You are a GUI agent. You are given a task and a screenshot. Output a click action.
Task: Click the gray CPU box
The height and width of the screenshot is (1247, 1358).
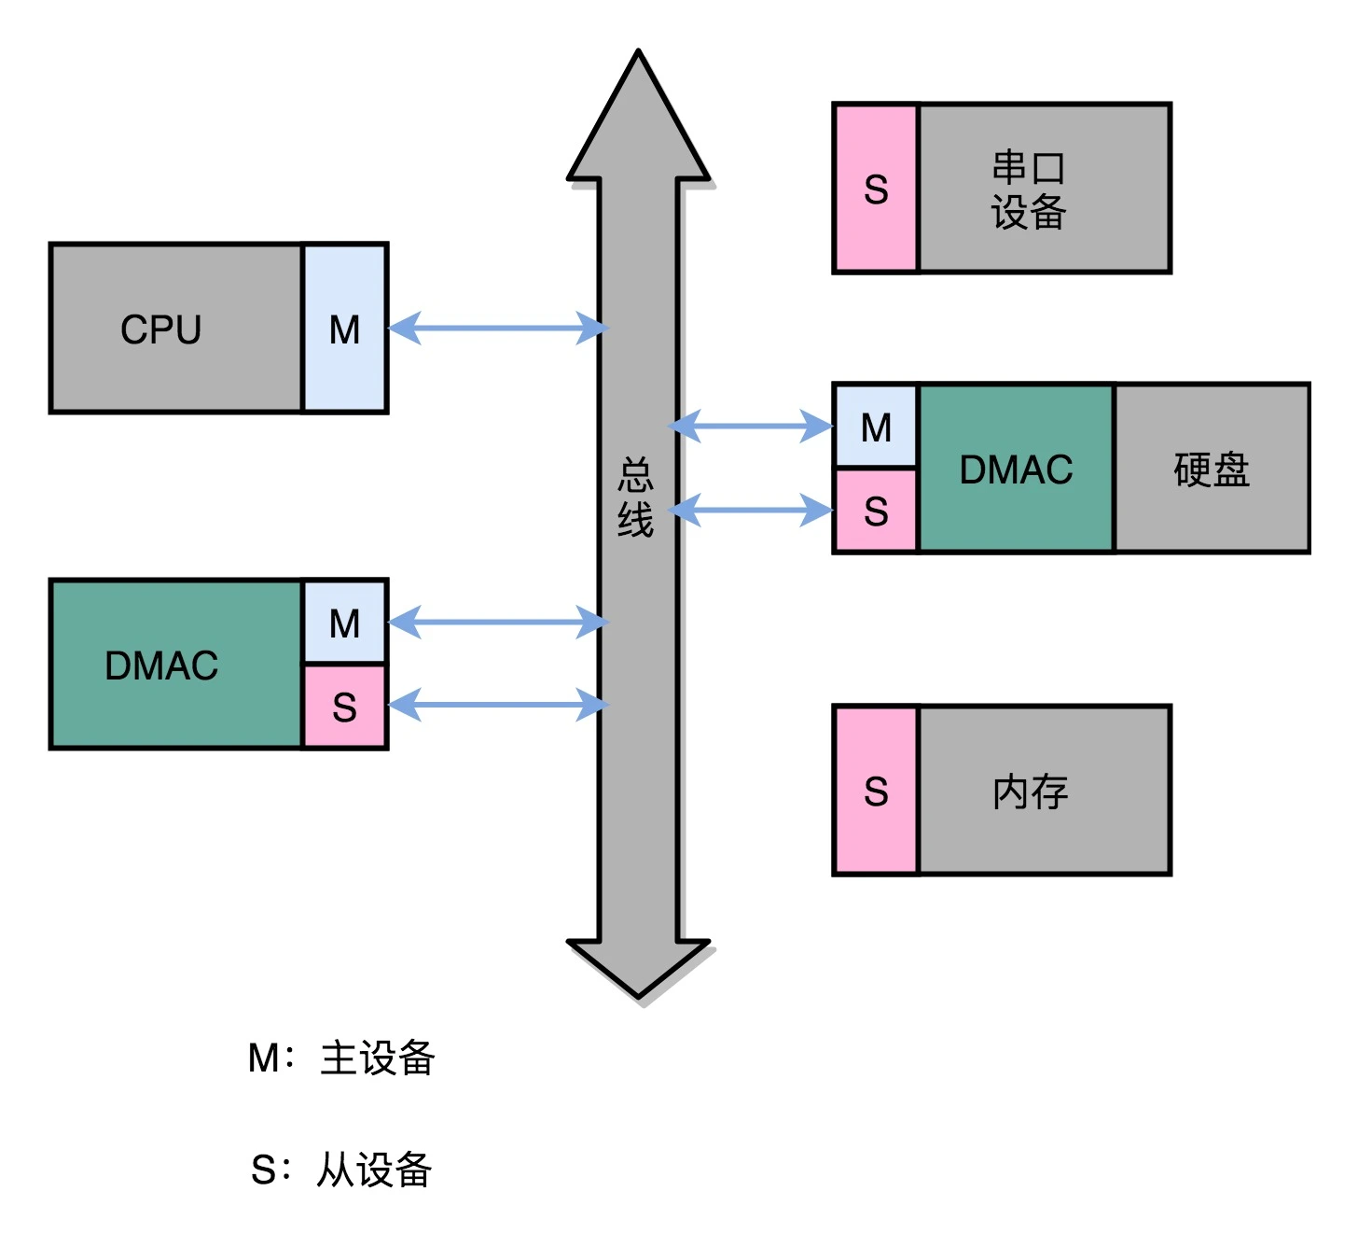pyautogui.click(x=176, y=329)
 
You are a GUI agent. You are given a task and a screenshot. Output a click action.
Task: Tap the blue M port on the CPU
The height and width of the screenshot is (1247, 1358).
pyautogui.click(x=345, y=329)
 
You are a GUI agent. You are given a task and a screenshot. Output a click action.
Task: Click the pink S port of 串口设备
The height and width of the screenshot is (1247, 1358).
pyautogui.click(x=876, y=189)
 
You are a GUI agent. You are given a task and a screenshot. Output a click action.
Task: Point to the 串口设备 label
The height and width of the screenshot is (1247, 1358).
pyautogui.click(x=1029, y=189)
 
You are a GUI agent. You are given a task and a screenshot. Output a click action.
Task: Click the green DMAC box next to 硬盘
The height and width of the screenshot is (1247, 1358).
pyautogui.click(x=1017, y=469)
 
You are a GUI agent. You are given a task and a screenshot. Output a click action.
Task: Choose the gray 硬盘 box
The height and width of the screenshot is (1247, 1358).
pyautogui.click(x=1212, y=469)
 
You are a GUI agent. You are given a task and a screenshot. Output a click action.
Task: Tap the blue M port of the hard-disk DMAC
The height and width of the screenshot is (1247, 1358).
pyautogui.click(x=876, y=427)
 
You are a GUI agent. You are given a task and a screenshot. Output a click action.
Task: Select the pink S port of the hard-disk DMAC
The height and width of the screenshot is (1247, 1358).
pyautogui.click(x=876, y=511)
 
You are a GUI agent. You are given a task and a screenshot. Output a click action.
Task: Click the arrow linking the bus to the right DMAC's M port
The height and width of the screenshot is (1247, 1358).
pyautogui.click(x=751, y=427)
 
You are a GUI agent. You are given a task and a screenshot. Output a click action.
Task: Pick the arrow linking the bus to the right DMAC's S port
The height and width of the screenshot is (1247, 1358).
pyautogui.click(x=751, y=511)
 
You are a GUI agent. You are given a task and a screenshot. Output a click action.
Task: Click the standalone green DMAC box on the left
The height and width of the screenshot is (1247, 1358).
pyautogui.click(x=176, y=665)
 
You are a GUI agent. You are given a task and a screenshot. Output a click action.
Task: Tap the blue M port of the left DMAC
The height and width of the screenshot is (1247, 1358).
pyautogui.click(x=345, y=623)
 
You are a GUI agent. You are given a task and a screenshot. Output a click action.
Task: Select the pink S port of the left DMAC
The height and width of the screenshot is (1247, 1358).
pyautogui.click(x=345, y=707)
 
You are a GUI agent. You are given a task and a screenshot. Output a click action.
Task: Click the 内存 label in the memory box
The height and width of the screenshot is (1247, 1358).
pyautogui.click(x=1031, y=792)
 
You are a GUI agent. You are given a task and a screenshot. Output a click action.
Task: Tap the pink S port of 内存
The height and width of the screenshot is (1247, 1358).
pyautogui.click(x=876, y=791)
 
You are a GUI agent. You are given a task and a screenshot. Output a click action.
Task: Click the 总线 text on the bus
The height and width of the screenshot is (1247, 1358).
pyautogui.click(x=636, y=497)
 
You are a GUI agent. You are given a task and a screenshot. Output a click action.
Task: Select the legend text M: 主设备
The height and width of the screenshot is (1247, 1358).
pyautogui.click(x=341, y=1058)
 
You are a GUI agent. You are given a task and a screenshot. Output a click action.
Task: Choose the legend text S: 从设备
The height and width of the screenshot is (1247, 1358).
pyautogui.click(x=341, y=1170)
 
